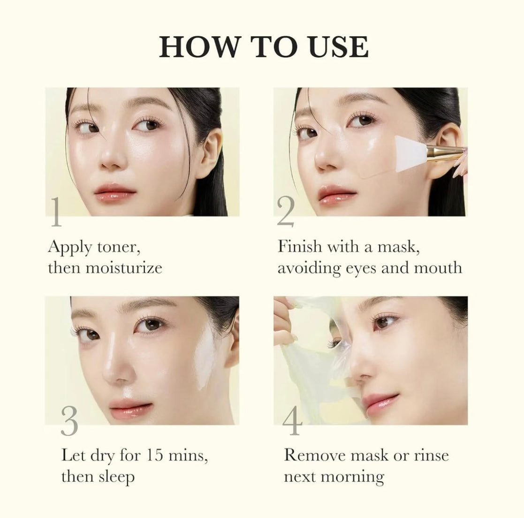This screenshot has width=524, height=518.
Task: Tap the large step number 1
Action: (56, 212)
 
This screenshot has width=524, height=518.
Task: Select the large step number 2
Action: (285, 212)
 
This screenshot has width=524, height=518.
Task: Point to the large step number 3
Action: (69, 420)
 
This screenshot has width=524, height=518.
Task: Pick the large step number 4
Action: (292, 420)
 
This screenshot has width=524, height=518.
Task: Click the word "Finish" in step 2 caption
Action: (299, 246)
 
